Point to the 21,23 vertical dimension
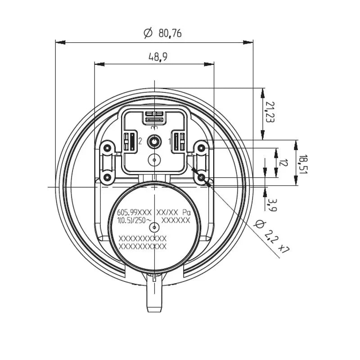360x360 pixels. pos(269,112)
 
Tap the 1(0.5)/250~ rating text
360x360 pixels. pos(134,220)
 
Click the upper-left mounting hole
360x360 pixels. pos(107,148)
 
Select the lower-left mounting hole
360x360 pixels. pos(107,178)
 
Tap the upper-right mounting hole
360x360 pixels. pos(202,148)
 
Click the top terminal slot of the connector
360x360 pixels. pos(154,117)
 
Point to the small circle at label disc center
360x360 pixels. pos(154,228)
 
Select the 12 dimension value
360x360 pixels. pos(282,163)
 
